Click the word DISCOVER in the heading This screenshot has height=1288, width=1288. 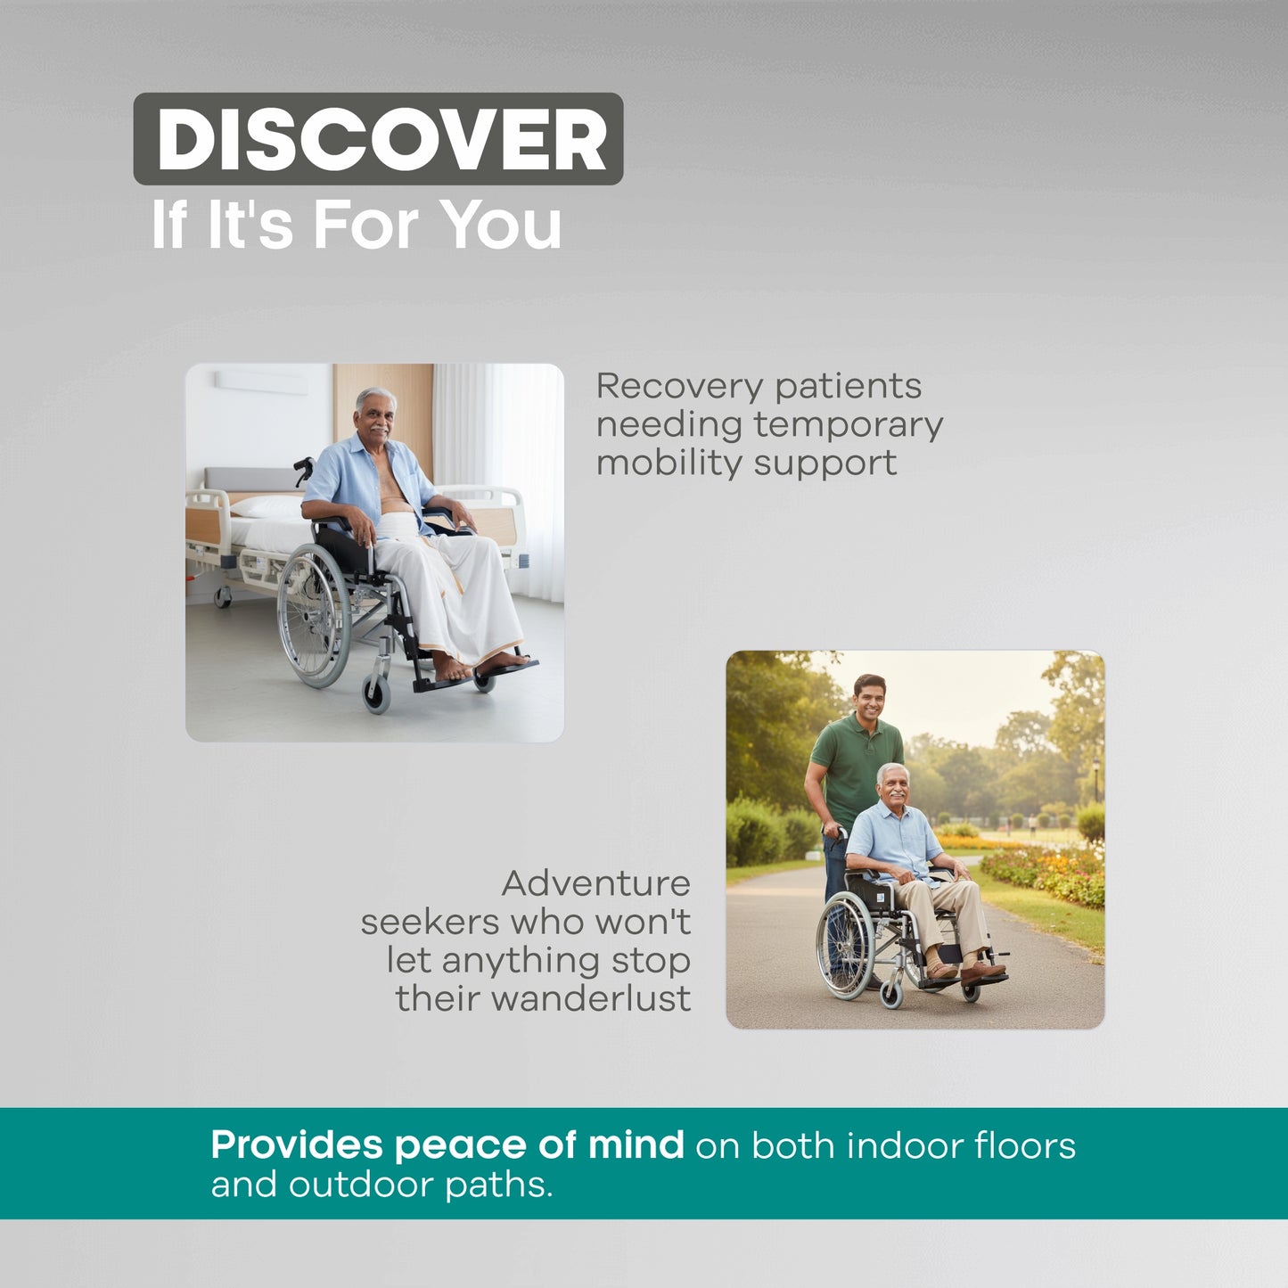pyautogui.click(x=381, y=140)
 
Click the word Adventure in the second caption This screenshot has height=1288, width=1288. pyautogui.click(x=595, y=883)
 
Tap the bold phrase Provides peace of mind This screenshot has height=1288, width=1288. pyautogui.click(x=447, y=1144)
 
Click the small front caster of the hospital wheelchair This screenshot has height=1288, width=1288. pyautogui.click(x=376, y=693)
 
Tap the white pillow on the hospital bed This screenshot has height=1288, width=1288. pyautogui.click(x=266, y=506)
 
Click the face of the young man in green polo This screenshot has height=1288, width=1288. pyautogui.click(x=869, y=700)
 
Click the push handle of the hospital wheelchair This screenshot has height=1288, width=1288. pyautogui.click(x=304, y=466)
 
